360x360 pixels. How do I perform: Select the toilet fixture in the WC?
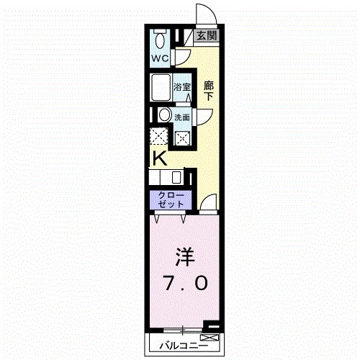click(160, 37)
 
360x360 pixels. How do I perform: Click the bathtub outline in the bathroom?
click(161, 89)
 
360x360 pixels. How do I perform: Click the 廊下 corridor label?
click(209, 89)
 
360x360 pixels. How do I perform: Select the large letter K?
click(159, 158)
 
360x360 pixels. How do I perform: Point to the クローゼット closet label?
click(167, 199)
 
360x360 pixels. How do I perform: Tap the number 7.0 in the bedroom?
click(184, 283)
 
